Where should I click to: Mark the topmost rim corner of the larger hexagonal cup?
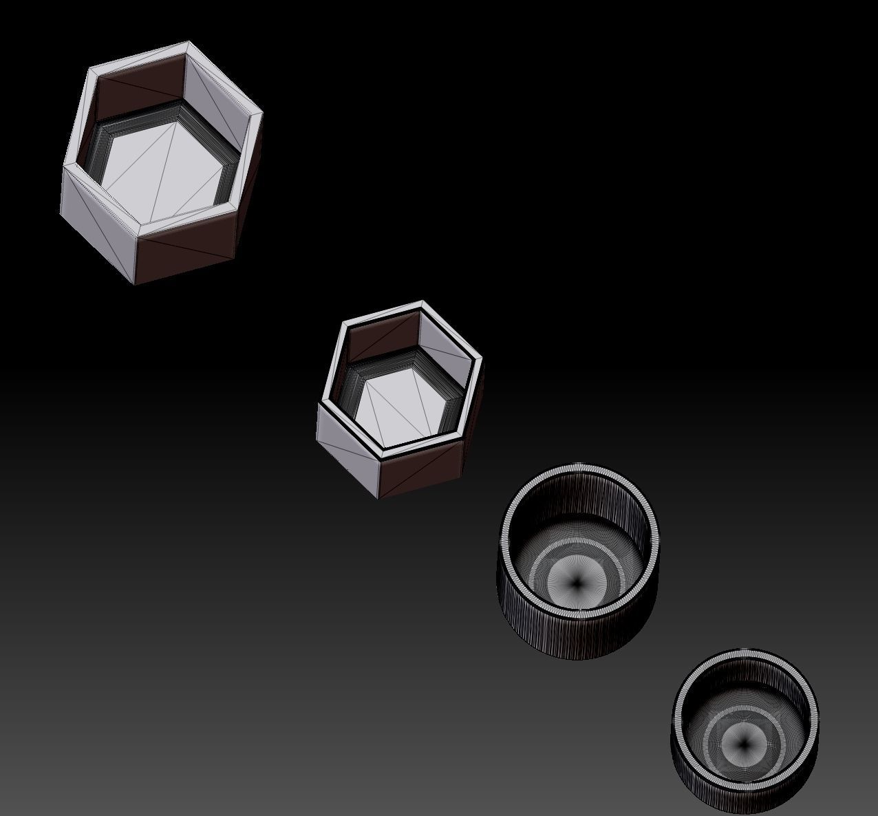pos(187,43)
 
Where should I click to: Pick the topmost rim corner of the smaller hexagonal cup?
pos(422,301)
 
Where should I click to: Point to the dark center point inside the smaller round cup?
pos(744,743)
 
